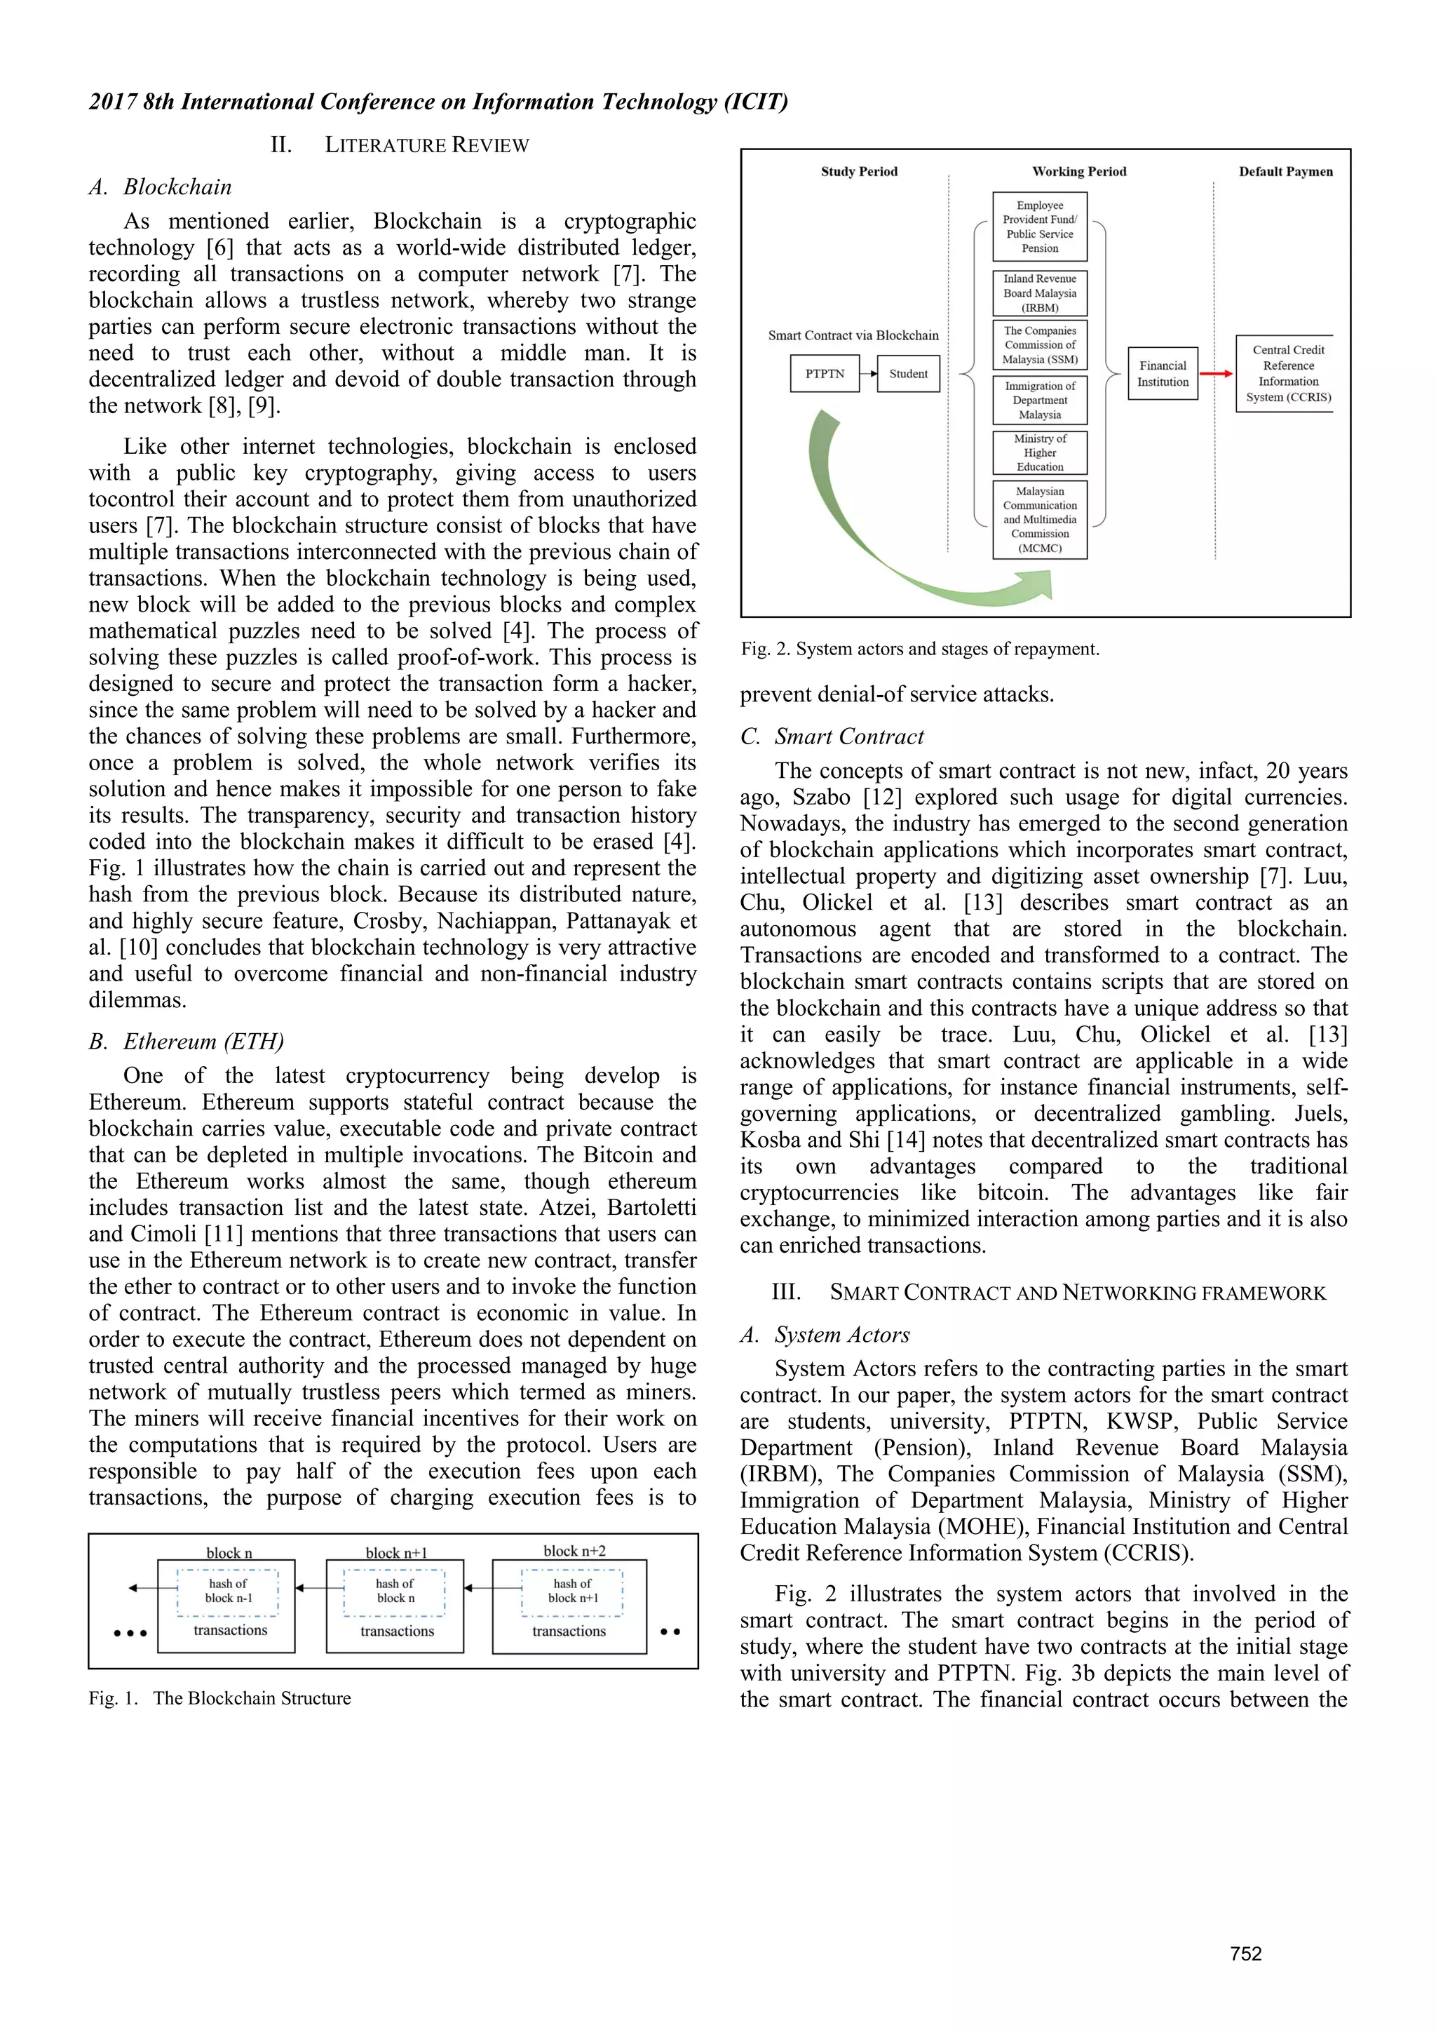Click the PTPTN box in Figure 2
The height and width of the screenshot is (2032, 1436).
[824, 373]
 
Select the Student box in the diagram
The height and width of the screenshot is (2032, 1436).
[908, 373]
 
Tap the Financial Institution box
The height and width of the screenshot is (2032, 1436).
[1163, 373]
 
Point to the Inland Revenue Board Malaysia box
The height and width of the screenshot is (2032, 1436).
[1040, 293]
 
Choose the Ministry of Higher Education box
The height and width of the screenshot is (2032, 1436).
[1040, 452]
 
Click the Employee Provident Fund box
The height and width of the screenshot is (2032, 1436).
[1040, 227]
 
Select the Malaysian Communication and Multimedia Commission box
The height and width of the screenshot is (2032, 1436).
[1040, 520]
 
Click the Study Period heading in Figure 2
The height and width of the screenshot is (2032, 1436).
[858, 172]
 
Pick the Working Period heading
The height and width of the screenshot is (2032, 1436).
[1078, 172]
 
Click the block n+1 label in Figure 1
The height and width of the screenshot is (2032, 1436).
[395, 1552]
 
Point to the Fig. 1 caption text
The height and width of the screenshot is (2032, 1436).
[219, 1697]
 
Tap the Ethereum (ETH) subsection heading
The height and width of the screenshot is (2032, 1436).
[187, 1041]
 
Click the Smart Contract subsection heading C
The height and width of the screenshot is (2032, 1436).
[832, 736]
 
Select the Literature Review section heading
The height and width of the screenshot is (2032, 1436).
[400, 145]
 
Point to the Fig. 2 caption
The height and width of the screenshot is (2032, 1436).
[919, 649]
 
